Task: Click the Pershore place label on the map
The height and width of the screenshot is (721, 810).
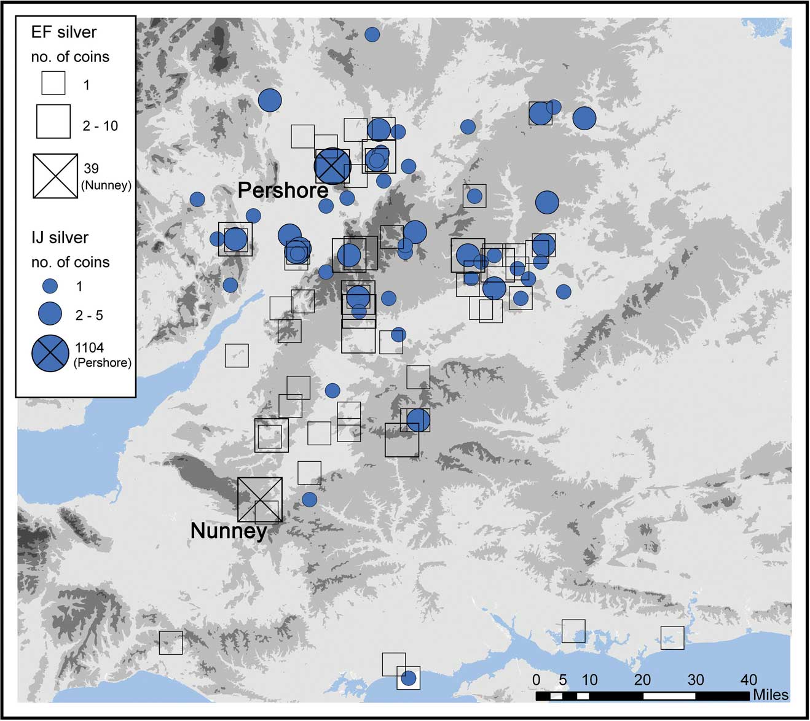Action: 283,190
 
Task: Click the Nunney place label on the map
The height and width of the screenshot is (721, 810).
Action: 229,531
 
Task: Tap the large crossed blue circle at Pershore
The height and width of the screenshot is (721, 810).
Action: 332,166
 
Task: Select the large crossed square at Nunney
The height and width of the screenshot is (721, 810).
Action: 260,500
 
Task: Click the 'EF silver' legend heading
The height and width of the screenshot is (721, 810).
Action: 64,32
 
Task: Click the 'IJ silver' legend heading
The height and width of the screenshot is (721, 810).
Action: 60,238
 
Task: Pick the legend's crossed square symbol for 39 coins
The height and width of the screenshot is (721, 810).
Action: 55,176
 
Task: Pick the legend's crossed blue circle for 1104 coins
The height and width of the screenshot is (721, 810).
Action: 50,354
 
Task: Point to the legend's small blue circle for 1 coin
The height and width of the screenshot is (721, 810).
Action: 50,286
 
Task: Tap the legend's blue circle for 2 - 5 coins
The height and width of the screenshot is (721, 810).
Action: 50,314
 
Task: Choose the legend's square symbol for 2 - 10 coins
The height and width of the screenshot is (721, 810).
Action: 53,121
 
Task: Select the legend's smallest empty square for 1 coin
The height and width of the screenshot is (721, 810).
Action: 53,83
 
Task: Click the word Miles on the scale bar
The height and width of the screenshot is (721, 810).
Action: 771,695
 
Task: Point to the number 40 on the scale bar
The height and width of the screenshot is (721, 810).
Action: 749,680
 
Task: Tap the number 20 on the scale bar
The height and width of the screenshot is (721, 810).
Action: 642,680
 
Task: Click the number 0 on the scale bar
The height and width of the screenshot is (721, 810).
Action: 537,680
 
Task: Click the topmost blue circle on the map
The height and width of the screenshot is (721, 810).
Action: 372,34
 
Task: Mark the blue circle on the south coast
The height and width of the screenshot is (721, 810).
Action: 408,678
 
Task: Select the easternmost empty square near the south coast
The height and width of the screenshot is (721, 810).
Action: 672,637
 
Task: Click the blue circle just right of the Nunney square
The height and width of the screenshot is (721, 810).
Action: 309,499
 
